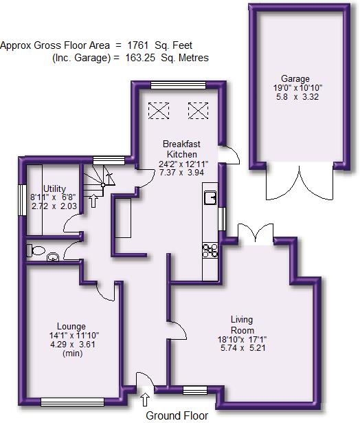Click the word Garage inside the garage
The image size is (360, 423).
click(295, 78)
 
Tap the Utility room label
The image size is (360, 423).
click(54, 188)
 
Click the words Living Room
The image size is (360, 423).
click(242, 324)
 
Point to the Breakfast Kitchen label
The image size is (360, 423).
click(183, 149)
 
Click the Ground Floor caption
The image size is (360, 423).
click(177, 415)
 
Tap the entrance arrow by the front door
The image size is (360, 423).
click(144, 398)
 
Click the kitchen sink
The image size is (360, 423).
click(211, 198)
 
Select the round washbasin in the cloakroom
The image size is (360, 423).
click(54, 259)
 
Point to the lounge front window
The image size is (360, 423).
click(71, 401)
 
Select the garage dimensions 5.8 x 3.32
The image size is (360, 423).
click(295, 97)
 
